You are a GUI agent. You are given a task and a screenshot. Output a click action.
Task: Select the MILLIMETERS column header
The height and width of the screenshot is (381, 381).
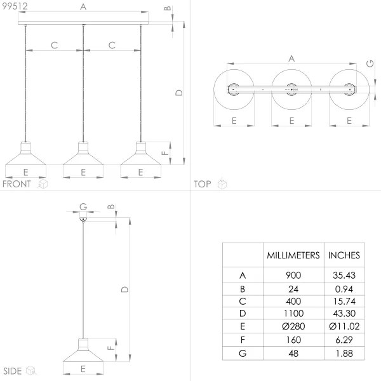292,255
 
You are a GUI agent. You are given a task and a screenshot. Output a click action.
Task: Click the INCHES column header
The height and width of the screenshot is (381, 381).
344,255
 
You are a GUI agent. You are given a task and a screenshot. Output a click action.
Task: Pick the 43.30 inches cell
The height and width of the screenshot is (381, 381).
344,313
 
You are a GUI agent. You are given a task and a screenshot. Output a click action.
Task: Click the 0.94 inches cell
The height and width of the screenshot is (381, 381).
344,288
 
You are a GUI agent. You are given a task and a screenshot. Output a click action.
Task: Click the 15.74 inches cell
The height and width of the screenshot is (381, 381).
344,300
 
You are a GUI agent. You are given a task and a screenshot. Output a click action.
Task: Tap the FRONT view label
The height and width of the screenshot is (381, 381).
17,184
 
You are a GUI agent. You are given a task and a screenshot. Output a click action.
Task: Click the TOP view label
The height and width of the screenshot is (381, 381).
203,184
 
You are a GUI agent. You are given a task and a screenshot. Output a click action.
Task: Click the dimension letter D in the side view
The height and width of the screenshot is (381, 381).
125,289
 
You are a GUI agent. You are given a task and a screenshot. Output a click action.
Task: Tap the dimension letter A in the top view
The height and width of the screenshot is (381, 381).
291,58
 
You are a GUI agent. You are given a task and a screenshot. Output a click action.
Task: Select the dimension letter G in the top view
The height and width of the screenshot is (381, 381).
370,63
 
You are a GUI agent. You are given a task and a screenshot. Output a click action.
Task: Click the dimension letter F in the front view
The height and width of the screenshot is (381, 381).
182,152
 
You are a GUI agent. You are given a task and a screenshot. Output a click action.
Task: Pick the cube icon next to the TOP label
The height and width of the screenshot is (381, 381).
222,184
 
